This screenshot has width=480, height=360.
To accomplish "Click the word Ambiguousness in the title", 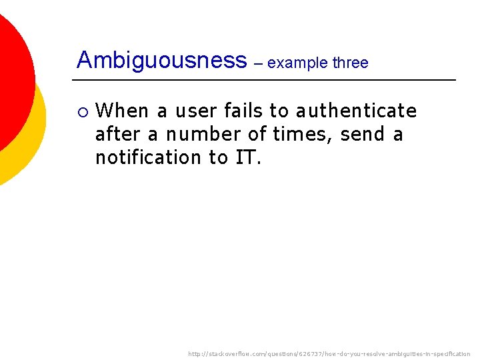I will pos(161,61).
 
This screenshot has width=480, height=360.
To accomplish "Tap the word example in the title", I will pos(297,63).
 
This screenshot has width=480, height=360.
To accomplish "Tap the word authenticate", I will pos(356,110).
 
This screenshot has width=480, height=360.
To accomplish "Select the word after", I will pos(117,134).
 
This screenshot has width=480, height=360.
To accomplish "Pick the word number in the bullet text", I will pos(203,134).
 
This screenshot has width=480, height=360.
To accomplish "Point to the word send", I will pos(363,134).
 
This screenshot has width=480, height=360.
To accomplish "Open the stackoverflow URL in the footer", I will pos(329,354).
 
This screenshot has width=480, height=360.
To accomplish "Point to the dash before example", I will pos(258,63).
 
